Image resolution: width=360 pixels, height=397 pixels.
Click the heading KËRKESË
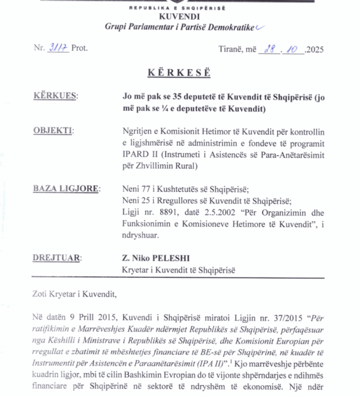[x=179, y=73]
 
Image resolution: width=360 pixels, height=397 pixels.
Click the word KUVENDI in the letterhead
[x=179, y=16]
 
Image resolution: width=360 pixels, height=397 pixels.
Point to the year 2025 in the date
[x=314, y=49]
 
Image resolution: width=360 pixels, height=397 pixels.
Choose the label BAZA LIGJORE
[x=66, y=188]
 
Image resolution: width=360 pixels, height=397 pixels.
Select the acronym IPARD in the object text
[x=134, y=155]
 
